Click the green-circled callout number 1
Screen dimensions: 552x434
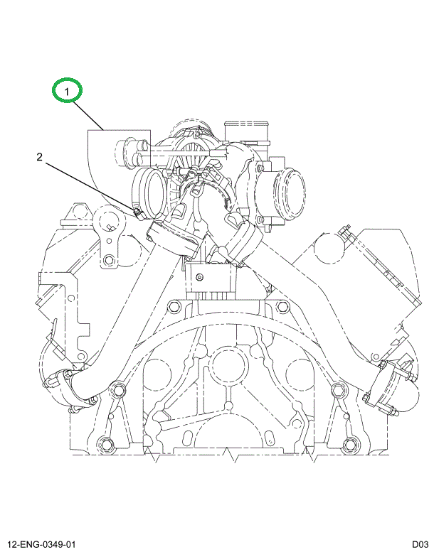(x=68, y=91)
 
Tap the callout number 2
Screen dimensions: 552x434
(x=41, y=157)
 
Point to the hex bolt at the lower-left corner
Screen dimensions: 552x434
(x=105, y=445)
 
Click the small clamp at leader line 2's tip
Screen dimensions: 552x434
(x=137, y=211)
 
